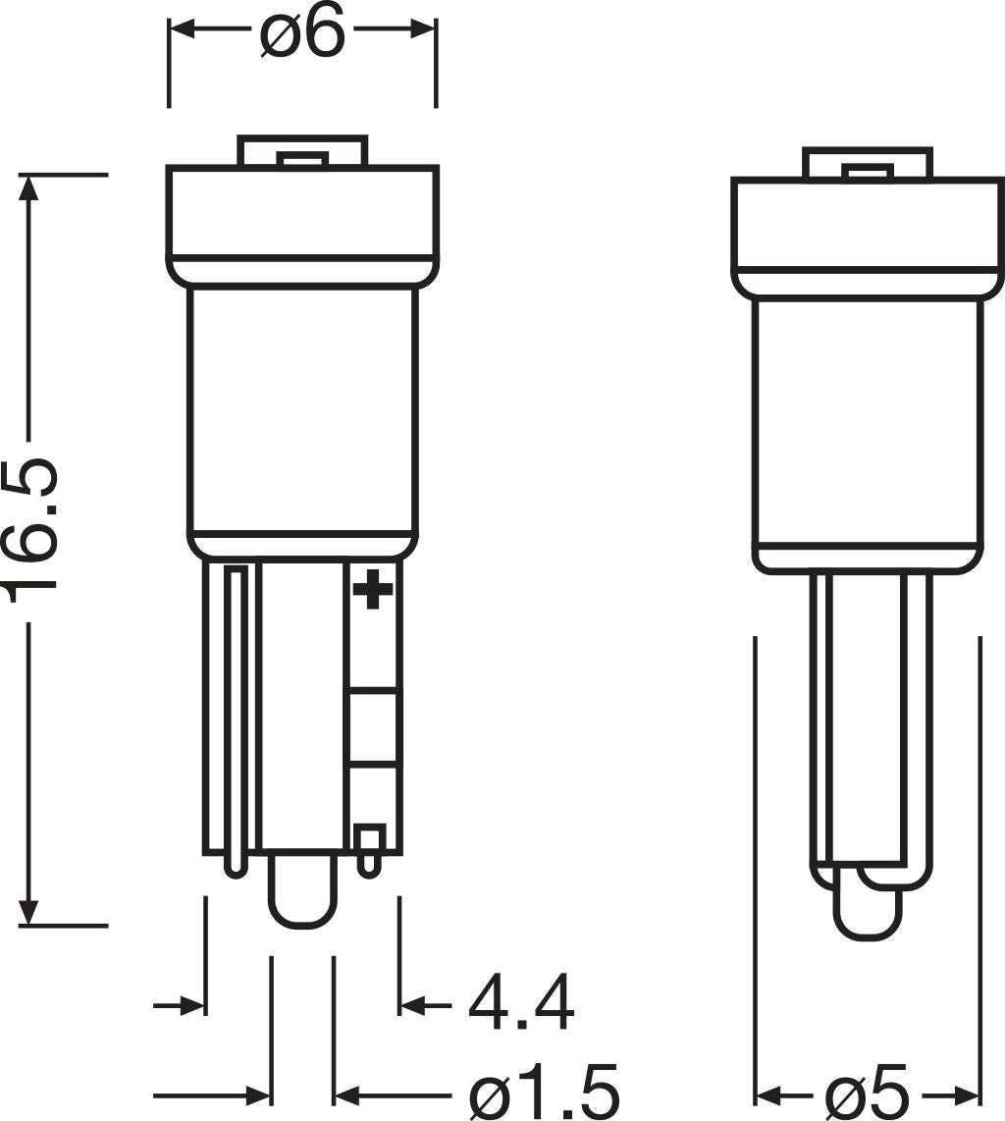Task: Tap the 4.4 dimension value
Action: coord(520,1003)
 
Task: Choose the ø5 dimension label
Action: coord(868,1093)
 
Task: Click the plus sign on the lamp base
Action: coord(373,589)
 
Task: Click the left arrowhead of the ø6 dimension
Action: coord(183,30)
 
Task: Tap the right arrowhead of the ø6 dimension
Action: coord(423,30)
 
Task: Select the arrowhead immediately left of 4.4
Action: coord(411,1004)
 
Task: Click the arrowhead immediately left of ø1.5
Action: coord(346,1094)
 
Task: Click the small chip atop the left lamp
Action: coord(301,159)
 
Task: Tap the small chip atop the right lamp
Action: coord(869,173)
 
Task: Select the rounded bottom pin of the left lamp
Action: coord(302,893)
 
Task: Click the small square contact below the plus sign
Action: coord(369,839)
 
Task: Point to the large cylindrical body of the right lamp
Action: coord(868,422)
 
